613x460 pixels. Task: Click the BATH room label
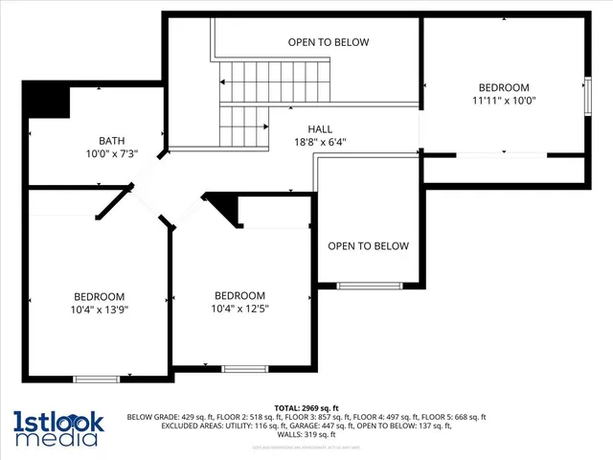[112, 140]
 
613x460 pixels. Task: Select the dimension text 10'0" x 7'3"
[112, 153]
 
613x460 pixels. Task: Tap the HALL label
[321, 129]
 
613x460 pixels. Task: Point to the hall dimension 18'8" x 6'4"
[320, 143]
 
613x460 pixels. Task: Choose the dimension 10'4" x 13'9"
[100, 310]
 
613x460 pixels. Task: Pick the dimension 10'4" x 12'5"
[239, 309]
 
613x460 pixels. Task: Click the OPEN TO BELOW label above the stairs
[329, 42]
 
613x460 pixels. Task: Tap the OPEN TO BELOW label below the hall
[368, 246]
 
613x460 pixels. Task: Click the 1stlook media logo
[56, 427]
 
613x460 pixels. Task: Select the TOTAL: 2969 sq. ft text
[306, 407]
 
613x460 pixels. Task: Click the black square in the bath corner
[45, 99]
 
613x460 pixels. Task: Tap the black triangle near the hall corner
[223, 207]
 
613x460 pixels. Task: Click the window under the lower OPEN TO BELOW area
[370, 286]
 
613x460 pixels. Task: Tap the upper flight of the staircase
[279, 77]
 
